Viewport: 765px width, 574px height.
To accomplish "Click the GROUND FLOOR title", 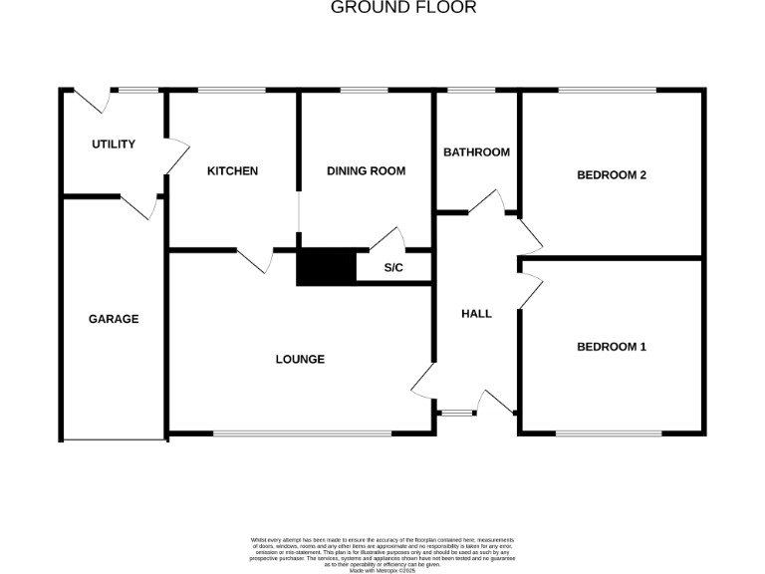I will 403,8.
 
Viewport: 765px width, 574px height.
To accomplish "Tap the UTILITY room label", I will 113,144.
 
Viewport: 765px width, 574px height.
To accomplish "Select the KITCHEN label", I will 232,171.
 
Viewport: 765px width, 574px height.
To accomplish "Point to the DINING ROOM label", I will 366,171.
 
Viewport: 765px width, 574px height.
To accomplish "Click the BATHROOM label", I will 476,152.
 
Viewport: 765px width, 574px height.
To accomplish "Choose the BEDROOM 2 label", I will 612,175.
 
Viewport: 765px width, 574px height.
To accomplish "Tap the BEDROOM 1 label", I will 612,348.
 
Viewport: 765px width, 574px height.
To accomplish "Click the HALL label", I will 476,314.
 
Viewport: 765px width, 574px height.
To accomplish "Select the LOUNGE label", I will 300,360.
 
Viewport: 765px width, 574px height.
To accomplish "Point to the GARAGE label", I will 114,320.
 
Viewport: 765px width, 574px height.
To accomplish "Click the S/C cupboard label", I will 392,268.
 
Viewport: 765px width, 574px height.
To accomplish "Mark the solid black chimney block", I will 326,267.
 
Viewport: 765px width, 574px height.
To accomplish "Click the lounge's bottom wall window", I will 302,433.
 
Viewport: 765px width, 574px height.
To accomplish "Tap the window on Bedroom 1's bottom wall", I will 608,433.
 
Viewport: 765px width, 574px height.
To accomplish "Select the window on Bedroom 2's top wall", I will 607,91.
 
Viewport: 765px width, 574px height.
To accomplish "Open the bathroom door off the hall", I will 487,202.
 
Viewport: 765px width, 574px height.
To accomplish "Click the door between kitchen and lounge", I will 254,259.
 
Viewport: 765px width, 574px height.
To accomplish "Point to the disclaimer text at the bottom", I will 382,552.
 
